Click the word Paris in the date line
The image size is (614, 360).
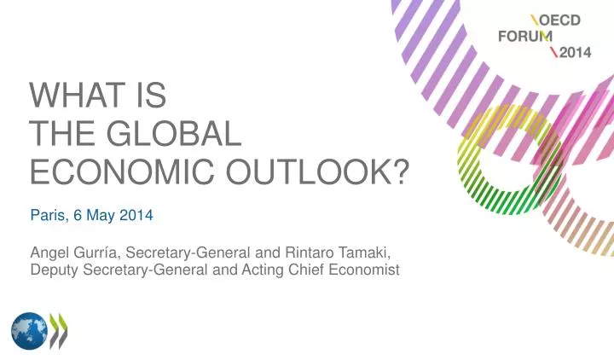(46, 216)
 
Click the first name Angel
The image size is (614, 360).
(49, 253)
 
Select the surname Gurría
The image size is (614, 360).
(95, 253)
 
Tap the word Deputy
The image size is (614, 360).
(55, 271)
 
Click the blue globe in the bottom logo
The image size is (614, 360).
(29, 330)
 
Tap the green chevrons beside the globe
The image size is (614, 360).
(58, 330)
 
